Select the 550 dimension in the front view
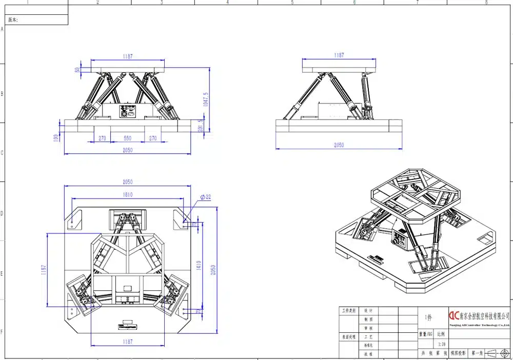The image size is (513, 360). click(128, 138)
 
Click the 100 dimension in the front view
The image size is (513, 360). click(56, 138)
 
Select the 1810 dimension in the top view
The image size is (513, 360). click(128, 195)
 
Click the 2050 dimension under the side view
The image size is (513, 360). click(339, 145)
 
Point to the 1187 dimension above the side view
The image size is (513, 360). click(339, 55)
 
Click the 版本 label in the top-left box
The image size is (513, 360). click(13, 20)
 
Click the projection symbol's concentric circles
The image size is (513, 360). click(505, 353)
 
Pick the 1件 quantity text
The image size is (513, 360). click(428, 318)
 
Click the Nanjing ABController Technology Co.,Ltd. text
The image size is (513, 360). click(479, 325)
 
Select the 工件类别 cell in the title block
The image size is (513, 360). click(349, 311)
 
